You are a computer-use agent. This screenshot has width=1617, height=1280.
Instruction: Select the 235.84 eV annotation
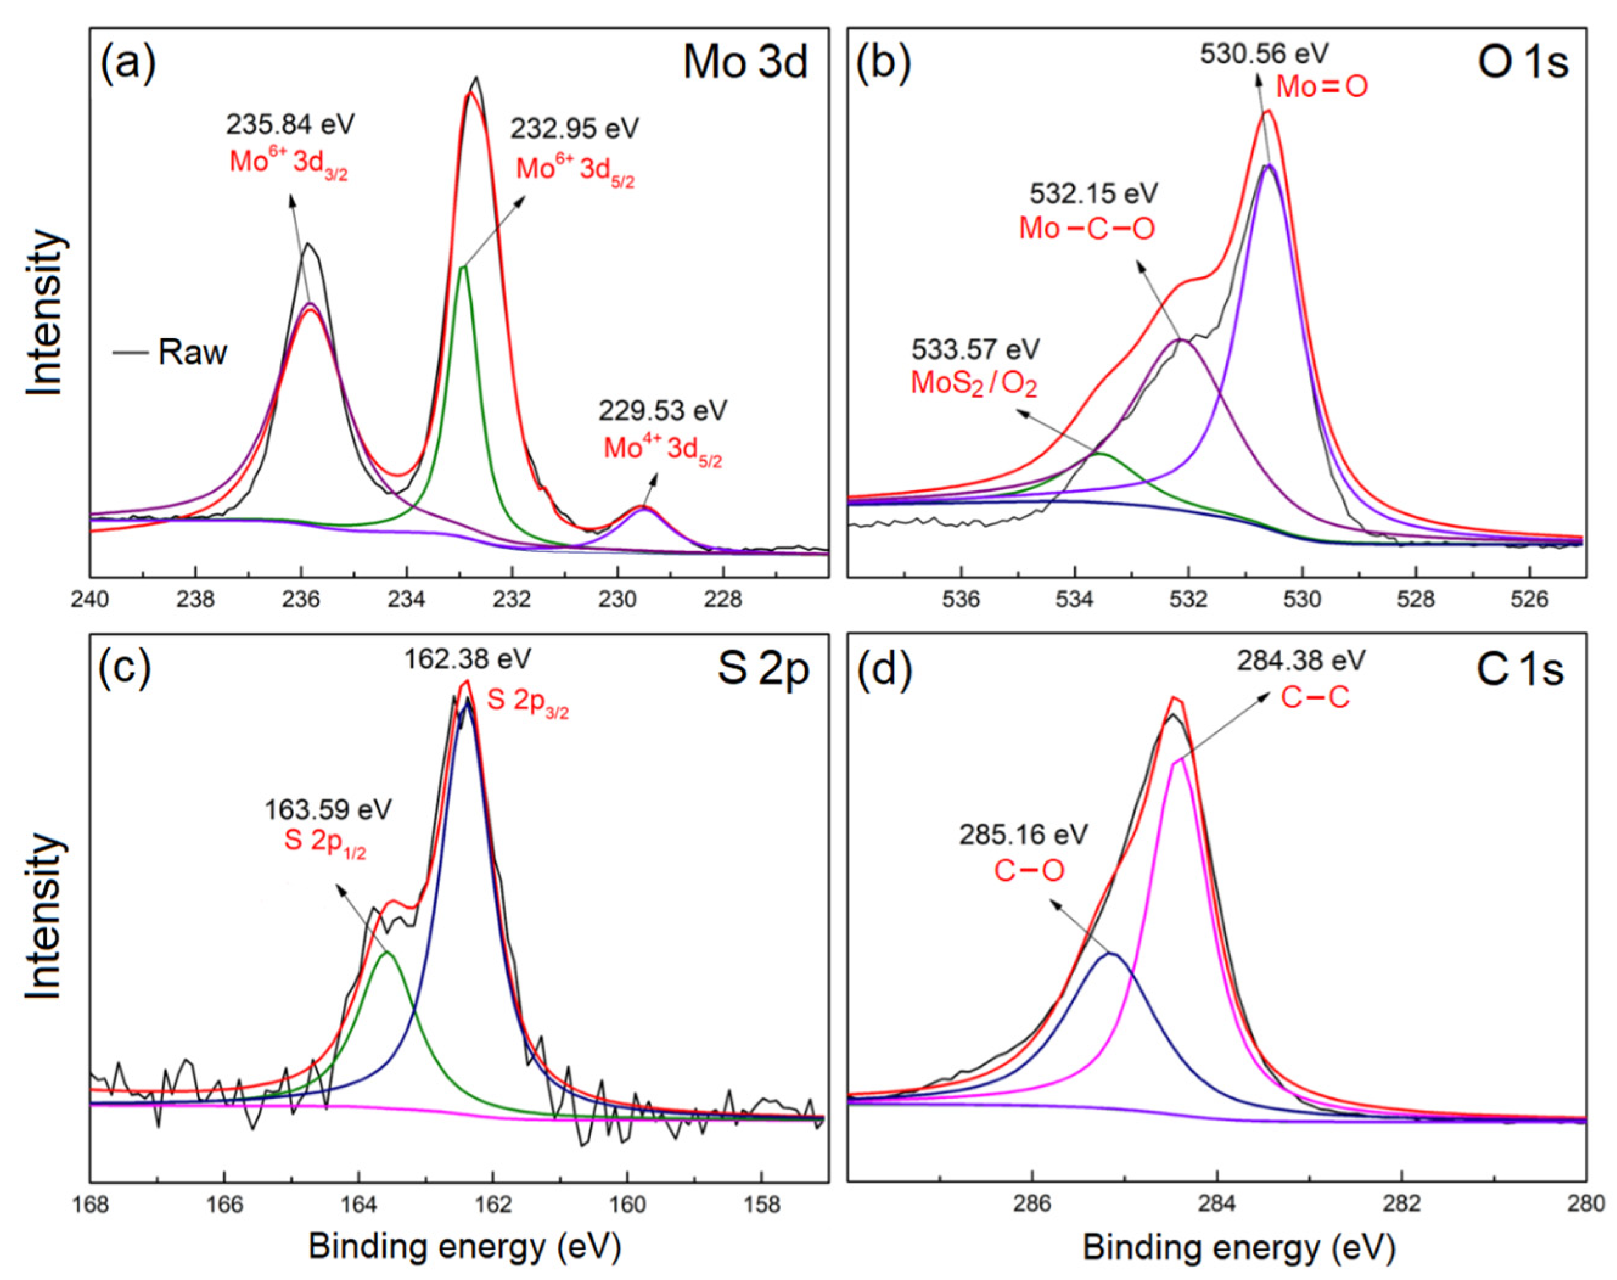(290, 124)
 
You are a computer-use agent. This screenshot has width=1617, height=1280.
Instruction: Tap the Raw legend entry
(192, 352)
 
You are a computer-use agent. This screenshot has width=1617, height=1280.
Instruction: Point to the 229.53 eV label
(662, 411)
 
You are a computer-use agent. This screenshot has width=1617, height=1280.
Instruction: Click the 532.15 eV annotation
(1093, 193)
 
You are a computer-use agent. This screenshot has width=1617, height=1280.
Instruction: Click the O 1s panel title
(1523, 63)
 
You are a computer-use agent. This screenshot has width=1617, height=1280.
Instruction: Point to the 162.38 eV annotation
(468, 659)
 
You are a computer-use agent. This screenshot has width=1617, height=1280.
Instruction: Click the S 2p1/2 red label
(324, 841)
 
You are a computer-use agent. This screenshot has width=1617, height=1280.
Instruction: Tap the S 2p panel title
(763, 669)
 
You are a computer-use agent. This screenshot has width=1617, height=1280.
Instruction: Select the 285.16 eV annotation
(1023, 834)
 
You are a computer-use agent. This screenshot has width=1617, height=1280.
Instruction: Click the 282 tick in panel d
(1401, 1205)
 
